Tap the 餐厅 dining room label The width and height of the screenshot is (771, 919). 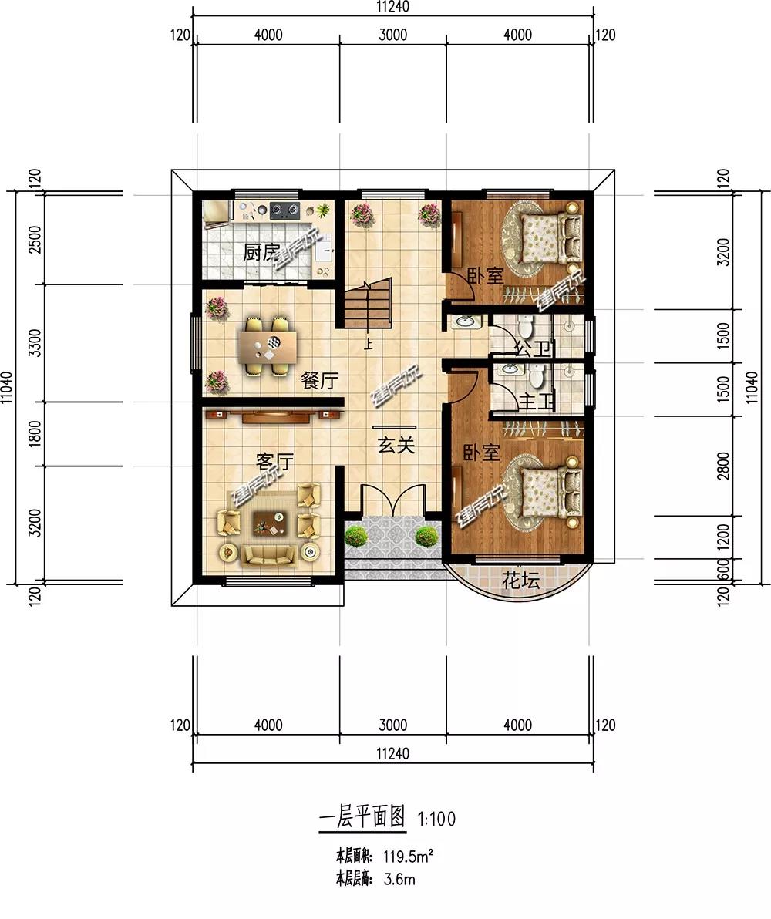pos(319,381)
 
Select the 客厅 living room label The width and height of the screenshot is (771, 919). pos(274,462)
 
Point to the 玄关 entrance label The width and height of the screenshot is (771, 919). pos(396,446)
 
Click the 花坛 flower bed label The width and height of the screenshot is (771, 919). pos(520,581)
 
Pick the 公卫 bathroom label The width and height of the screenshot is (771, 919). pos(533,350)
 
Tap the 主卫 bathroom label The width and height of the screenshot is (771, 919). pos(537,402)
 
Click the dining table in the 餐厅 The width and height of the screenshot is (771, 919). pos(268,345)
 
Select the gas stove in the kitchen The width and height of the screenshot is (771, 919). pos(284,210)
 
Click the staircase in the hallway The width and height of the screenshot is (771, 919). pos(367,304)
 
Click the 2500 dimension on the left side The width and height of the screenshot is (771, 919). pos(35,239)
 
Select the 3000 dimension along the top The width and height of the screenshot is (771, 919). pos(393,35)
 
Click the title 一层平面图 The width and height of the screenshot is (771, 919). pos(362,816)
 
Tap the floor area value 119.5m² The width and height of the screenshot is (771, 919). pos(408,857)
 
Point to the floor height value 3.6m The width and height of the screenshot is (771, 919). pos(399,879)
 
